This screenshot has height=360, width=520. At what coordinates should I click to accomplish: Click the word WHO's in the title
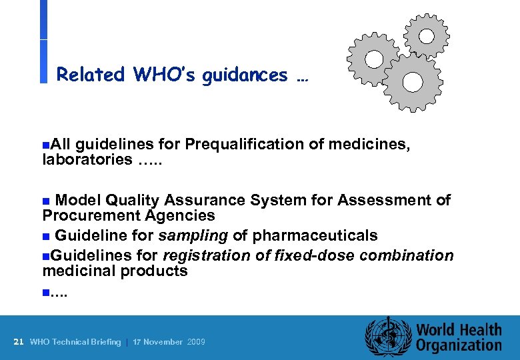tap(162, 75)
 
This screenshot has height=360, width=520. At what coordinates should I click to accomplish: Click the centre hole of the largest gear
tap(413, 82)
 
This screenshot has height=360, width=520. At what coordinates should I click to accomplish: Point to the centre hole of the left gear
tap(374, 59)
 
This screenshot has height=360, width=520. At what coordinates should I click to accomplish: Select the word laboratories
tap(87, 159)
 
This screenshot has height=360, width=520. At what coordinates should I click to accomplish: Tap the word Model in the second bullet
tap(77, 200)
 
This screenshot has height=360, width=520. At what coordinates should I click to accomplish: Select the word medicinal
tap(79, 271)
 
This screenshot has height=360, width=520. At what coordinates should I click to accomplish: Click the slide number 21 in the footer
tap(19, 342)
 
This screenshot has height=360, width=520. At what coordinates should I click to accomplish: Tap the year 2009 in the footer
tap(196, 342)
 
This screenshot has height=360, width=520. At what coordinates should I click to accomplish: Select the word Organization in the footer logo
tap(459, 345)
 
